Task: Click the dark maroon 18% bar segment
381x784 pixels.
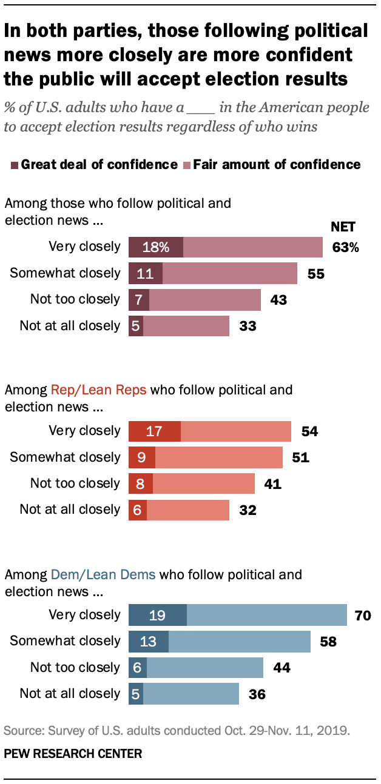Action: click(x=156, y=247)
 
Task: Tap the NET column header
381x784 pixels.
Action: click(x=342, y=227)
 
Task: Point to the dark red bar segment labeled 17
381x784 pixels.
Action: click(x=155, y=431)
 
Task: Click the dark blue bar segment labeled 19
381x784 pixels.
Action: click(x=158, y=615)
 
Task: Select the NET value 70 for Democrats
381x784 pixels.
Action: click(x=362, y=615)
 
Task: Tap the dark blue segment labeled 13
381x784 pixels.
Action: click(x=149, y=641)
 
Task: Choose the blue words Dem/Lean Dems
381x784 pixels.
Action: click(x=103, y=574)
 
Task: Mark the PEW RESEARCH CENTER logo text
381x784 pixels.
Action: click(x=73, y=754)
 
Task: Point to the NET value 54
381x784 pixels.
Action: click(x=309, y=431)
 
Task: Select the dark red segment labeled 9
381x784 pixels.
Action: click(x=142, y=457)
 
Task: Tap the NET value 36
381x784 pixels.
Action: click(x=257, y=694)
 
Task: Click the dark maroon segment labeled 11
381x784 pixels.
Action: click(x=146, y=273)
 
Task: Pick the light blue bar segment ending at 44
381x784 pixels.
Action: click(x=205, y=668)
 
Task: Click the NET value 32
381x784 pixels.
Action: click(x=247, y=510)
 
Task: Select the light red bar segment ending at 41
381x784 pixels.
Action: click(x=203, y=483)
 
